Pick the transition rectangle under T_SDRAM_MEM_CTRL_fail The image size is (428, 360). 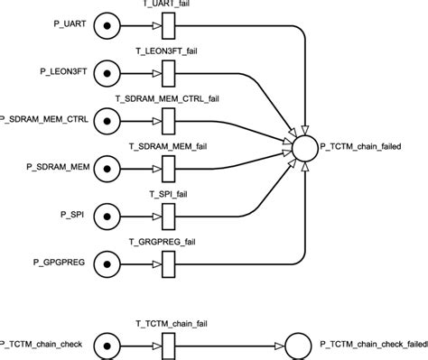point(167,117)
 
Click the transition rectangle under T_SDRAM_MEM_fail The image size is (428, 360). point(167,167)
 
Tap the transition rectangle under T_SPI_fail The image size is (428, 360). point(167,216)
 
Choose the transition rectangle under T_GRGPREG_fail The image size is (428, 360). point(167,264)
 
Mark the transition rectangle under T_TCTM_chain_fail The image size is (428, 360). point(167,343)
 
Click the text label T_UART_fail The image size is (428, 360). point(167,4)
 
